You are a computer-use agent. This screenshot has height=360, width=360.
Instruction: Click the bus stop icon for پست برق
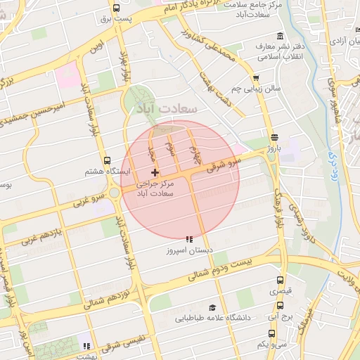tap(115, 8)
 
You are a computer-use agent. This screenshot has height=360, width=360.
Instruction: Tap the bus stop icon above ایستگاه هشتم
tap(106, 160)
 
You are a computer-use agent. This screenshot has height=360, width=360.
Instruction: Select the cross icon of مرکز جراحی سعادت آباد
tap(155, 172)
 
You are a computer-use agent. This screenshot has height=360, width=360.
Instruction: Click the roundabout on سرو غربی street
tap(114, 192)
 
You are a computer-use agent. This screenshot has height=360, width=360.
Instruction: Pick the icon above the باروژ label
tap(274, 138)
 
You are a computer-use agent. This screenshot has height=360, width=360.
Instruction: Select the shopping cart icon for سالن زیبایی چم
tap(256, 79)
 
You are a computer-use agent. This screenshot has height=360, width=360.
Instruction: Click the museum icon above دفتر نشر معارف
tap(280, 37)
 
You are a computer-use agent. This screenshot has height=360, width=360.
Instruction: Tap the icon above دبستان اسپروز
tap(188, 239)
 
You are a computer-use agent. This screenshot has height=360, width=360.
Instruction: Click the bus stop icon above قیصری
tap(280, 281)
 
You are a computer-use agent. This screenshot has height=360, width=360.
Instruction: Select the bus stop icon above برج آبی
tap(280, 306)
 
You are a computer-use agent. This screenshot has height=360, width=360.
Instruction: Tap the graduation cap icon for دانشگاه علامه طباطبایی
tap(212, 308)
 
